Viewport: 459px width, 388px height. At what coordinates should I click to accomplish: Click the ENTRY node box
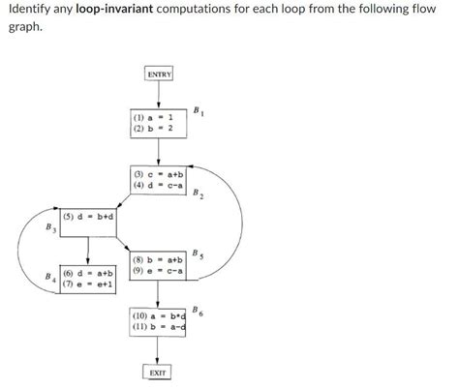pyautogui.click(x=159, y=75)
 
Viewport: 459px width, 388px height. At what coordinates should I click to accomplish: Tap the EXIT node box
pyautogui.click(x=158, y=373)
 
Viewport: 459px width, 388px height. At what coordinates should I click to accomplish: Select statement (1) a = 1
pyautogui.click(x=153, y=117)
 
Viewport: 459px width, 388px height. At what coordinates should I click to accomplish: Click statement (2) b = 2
pyautogui.click(x=153, y=128)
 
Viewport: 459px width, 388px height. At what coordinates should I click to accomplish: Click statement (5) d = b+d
pyautogui.click(x=88, y=217)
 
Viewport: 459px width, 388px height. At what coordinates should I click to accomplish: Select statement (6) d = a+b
pyautogui.click(x=88, y=274)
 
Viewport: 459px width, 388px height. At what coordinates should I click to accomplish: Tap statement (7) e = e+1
pyautogui.click(x=88, y=284)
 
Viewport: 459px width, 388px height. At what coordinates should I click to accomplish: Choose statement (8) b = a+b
pyautogui.click(x=157, y=259)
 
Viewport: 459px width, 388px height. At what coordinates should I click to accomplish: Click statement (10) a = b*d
pyautogui.click(x=158, y=316)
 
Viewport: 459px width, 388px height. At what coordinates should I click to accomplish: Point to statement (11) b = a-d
pyautogui.click(x=158, y=328)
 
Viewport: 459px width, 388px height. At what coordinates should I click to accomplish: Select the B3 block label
pyautogui.click(x=49, y=228)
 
